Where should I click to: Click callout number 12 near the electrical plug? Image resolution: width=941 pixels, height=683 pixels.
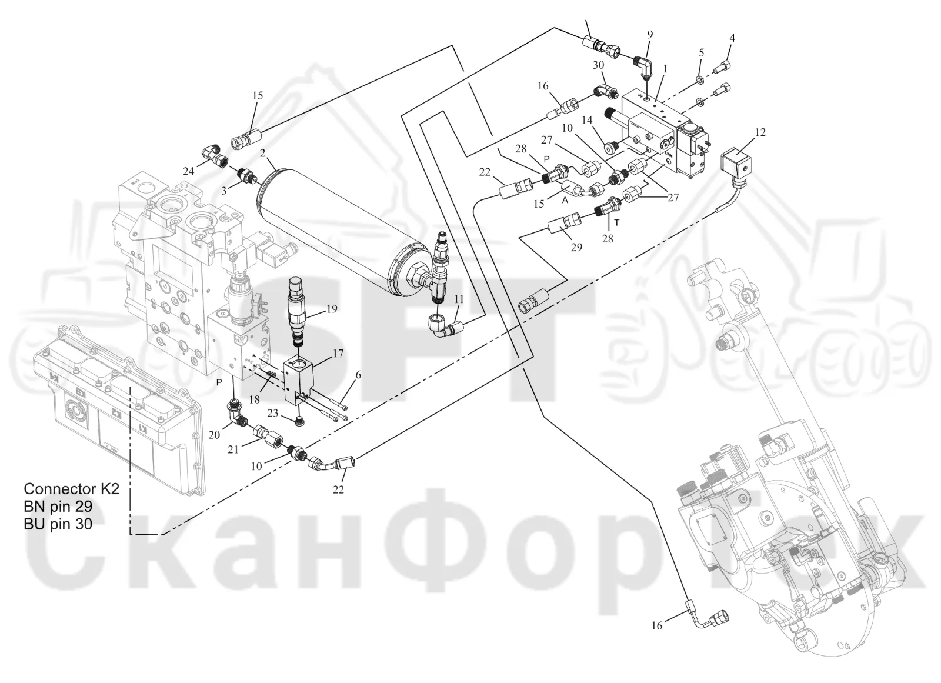760,132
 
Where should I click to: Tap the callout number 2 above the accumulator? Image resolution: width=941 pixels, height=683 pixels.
262,153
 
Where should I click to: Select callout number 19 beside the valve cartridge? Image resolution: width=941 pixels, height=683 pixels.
332,309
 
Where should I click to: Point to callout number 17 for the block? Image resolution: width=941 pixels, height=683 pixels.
338,353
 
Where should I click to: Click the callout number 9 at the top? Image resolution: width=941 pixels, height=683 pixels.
650,35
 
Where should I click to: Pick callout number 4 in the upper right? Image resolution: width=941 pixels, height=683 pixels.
732,38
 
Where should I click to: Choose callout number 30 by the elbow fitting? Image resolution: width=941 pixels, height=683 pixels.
598,65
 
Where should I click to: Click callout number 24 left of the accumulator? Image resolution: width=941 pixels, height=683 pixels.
189,171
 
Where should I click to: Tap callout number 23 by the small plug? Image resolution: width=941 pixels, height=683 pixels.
273,413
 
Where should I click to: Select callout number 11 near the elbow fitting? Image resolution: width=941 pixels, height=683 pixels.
459,299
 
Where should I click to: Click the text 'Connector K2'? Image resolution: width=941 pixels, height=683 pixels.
71,489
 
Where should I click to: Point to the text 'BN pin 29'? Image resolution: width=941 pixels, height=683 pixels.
58,507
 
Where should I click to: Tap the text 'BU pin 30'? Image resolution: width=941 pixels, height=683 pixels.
58,524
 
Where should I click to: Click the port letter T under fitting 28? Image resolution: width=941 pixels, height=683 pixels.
617,222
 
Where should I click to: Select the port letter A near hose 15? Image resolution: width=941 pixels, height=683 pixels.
565,201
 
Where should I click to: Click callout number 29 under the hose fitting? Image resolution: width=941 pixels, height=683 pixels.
576,247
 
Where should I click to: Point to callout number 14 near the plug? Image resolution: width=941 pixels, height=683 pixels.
587,120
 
